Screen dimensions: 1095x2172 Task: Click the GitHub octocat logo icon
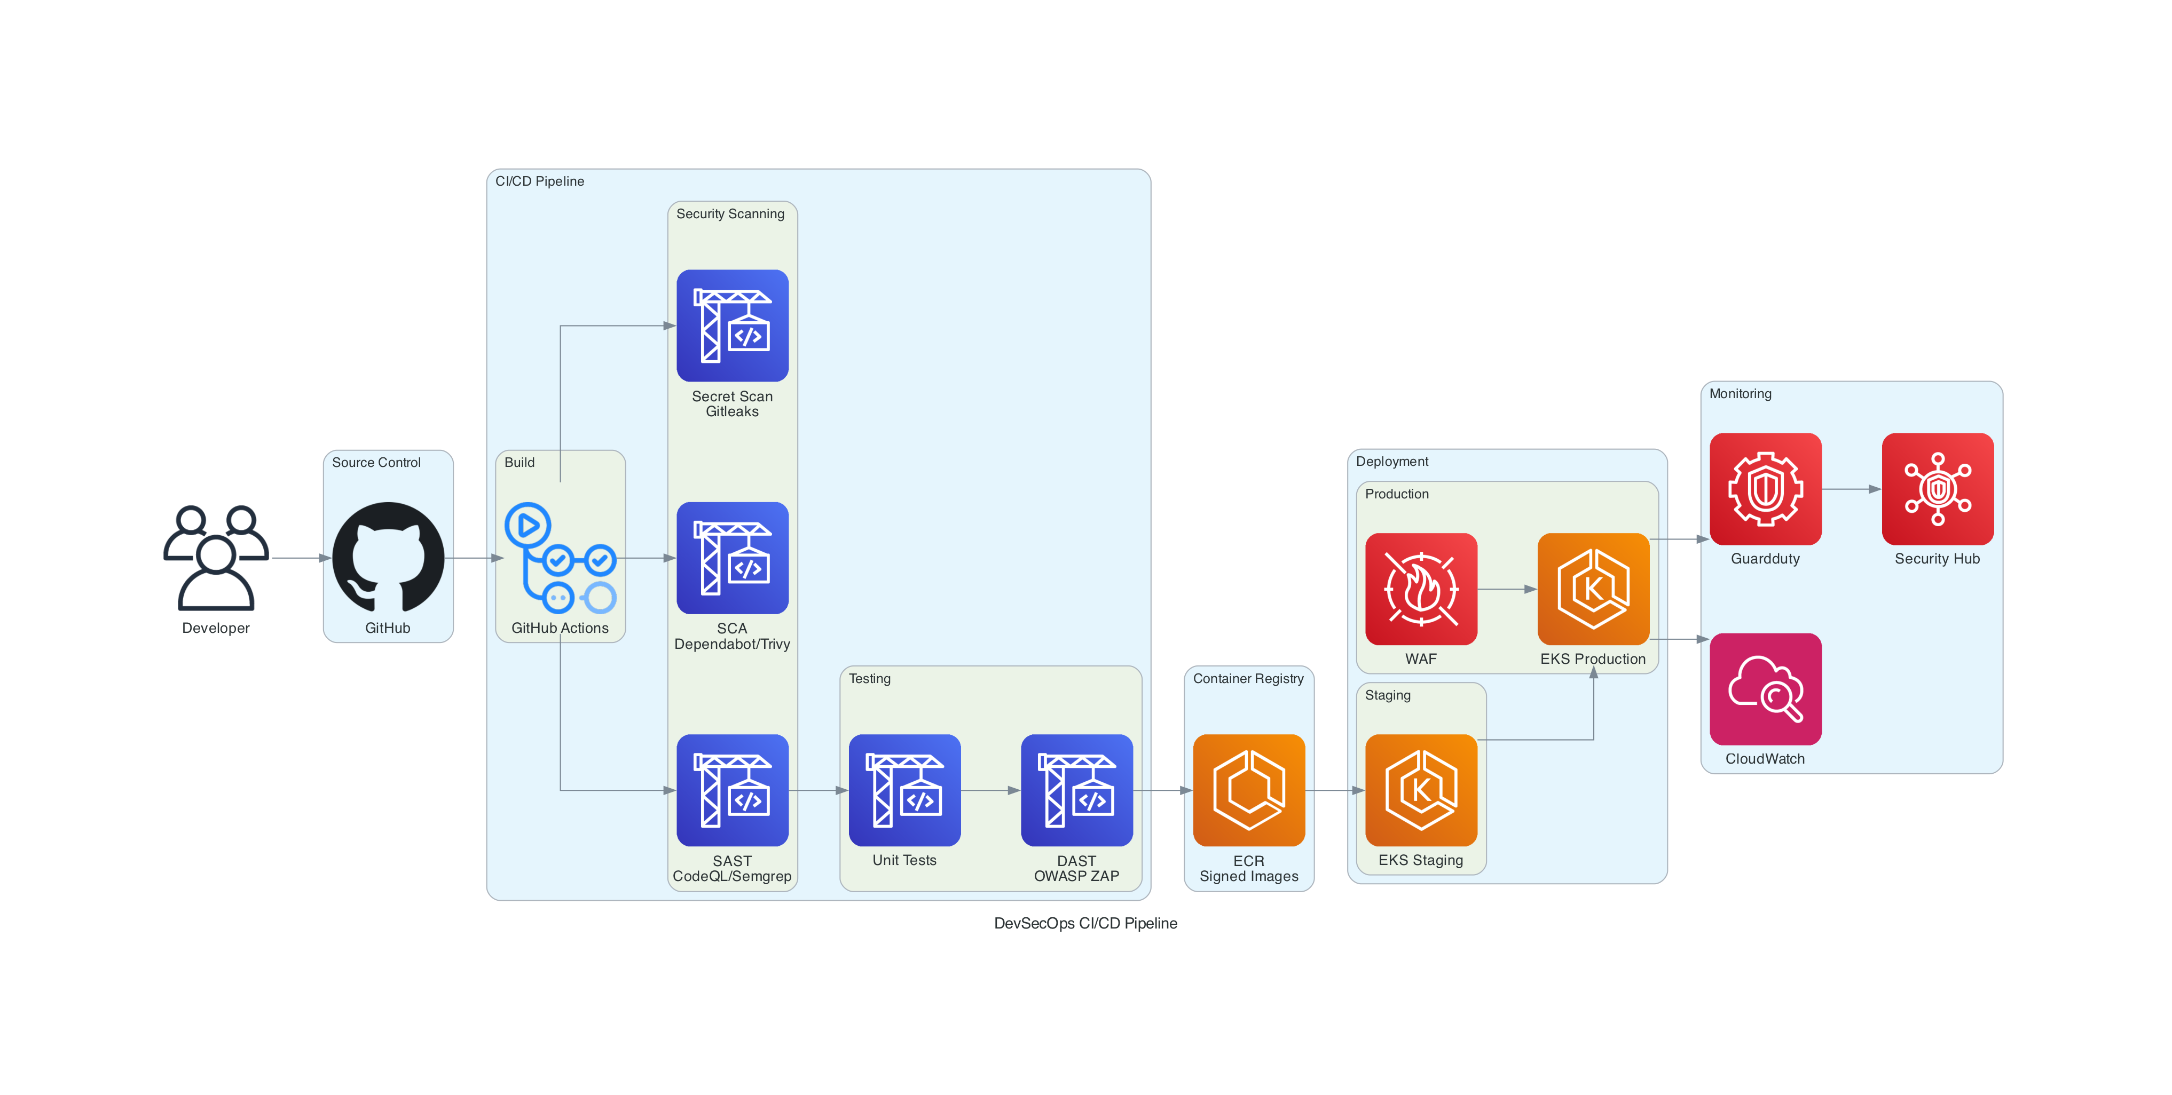388,557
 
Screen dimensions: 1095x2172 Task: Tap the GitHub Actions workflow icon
560,557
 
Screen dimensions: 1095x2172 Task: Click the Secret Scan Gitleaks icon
732,326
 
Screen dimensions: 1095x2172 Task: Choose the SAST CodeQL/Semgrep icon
732,790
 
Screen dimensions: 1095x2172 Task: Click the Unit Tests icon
904,790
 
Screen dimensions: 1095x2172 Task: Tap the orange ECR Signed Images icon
1249,790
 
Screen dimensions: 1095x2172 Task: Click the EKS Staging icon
1421,790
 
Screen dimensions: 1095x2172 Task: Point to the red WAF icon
1421,589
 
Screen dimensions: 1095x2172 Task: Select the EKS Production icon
1593,589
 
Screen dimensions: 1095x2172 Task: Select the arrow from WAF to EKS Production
1507,589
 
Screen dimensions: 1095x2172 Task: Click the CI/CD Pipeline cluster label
540,181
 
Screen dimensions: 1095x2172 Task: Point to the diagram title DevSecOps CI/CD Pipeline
1085,923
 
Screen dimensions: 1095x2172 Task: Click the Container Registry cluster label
1248,679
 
